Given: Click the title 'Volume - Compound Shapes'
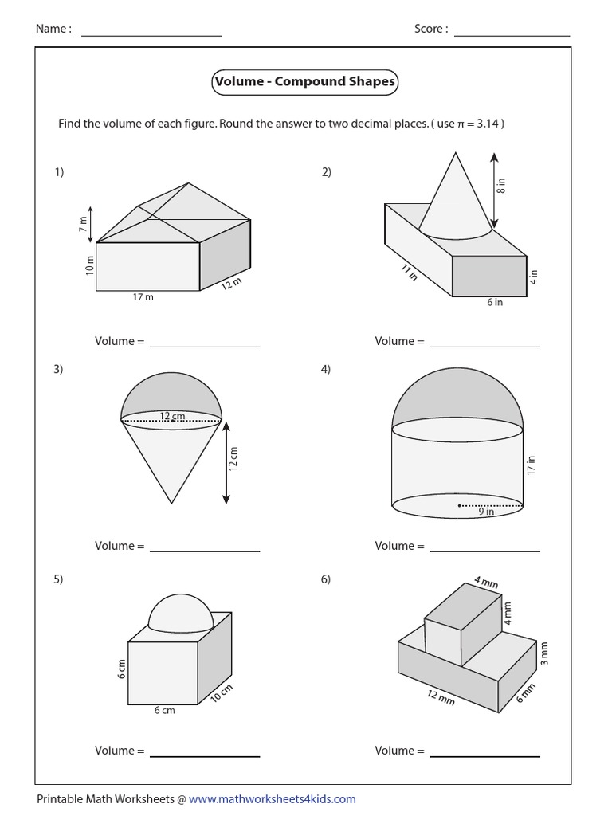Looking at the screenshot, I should coord(304,82).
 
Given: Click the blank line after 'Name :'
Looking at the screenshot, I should coord(151,35).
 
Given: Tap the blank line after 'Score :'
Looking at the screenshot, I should coord(512,35).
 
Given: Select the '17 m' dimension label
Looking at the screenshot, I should coord(144,297).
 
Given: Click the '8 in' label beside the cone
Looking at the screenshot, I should coord(501,186).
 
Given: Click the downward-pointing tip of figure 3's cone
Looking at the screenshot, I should coord(171,503).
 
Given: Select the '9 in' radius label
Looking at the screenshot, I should coord(486,512).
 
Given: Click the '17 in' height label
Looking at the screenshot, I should coord(532,465).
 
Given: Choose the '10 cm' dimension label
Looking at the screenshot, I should coord(222,693).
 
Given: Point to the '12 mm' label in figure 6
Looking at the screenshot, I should coord(441,697).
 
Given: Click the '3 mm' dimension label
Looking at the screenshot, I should coord(545,653).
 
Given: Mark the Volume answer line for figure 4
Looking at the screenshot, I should coord(484,550).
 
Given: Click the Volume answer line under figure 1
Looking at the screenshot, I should coord(205,346).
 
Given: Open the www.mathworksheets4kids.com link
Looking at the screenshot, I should coord(273,798).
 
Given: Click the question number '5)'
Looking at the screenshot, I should coord(59,580).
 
